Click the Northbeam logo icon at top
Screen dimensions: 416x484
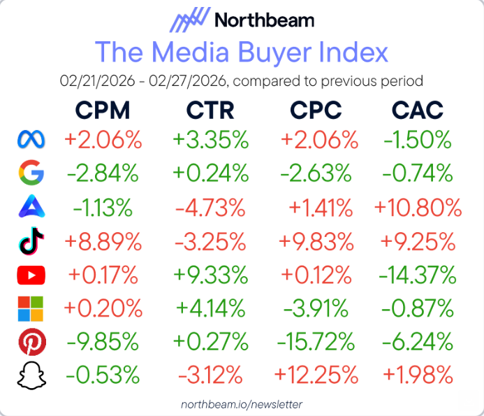click(x=189, y=20)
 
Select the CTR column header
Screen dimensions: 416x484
click(x=210, y=110)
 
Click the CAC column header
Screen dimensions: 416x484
click(x=418, y=110)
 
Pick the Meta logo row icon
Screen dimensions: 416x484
click(x=30, y=140)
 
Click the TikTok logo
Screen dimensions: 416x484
click(x=30, y=242)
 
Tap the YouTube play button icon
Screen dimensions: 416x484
click(x=30, y=275)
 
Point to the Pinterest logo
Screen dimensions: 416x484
click(x=30, y=343)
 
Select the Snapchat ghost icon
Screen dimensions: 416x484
click(x=30, y=376)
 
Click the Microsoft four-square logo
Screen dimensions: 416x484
click(x=30, y=309)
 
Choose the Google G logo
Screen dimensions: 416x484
click(x=30, y=173)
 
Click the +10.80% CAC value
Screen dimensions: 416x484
click(x=418, y=208)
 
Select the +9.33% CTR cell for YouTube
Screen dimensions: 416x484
click(x=210, y=275)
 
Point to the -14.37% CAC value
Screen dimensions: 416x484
click(x=418, y=275)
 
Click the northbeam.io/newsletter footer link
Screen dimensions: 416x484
click(x=242, y=404)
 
